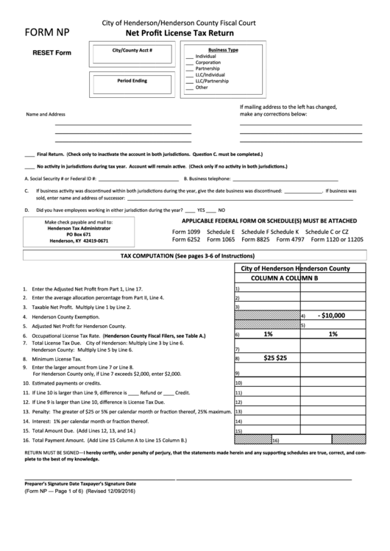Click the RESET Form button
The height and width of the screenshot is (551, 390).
point(52,53)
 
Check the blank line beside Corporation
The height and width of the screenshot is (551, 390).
point(190,63)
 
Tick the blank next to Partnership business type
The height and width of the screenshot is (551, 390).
point(190,69)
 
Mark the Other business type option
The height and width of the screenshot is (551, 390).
point(190,87)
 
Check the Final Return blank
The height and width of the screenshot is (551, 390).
point(29,155)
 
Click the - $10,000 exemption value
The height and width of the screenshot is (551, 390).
point(331,315)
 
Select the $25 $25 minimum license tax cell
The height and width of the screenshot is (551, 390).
point(275,358)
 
